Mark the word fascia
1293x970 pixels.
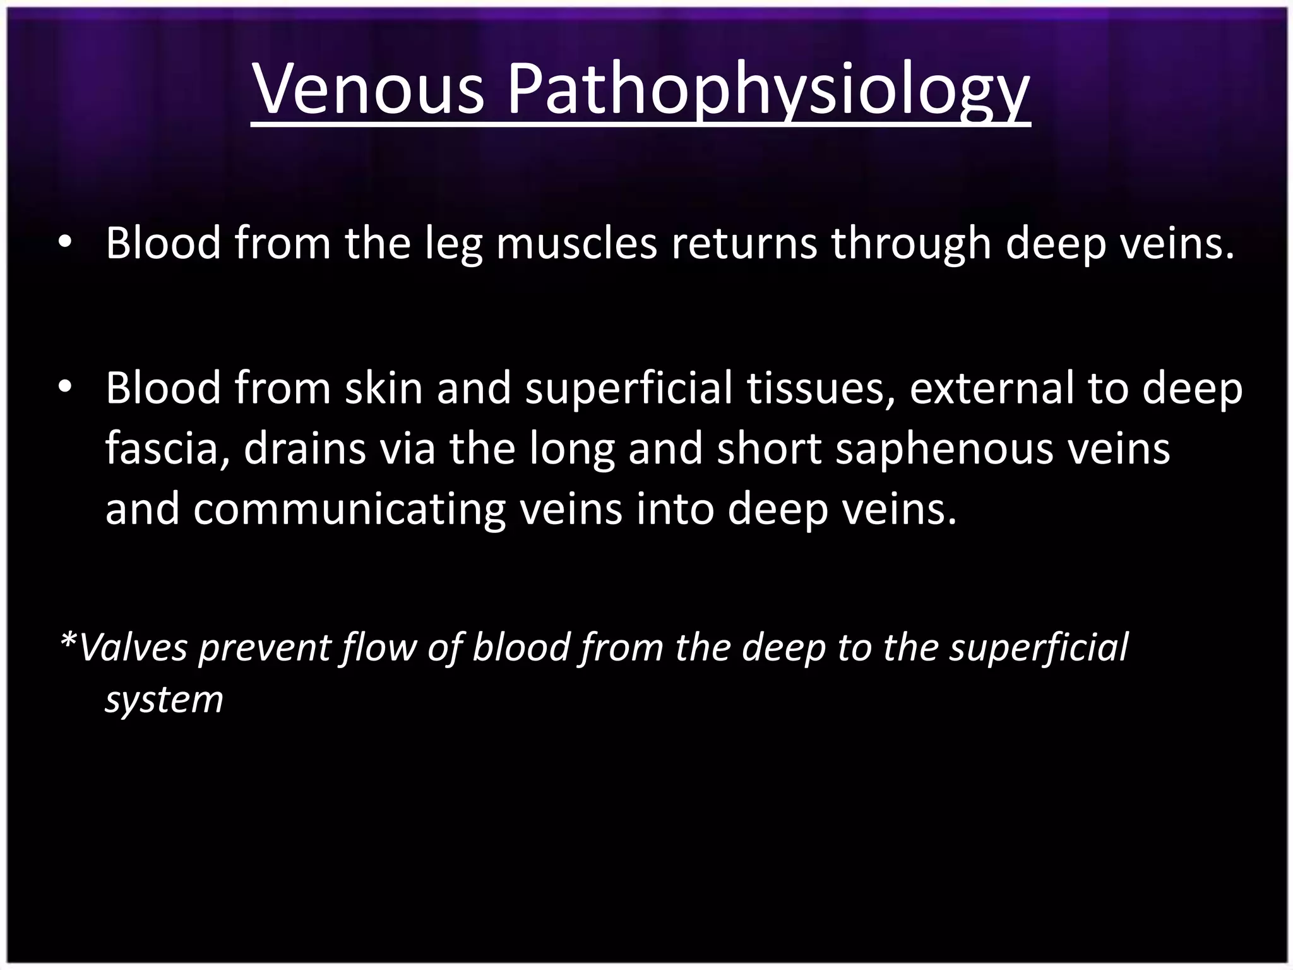pyautogui.click(x=169, y=448)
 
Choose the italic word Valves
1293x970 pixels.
pyautogui.click(x=133, y=648)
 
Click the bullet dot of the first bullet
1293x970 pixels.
pyautogui.click(x=65, y=244)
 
